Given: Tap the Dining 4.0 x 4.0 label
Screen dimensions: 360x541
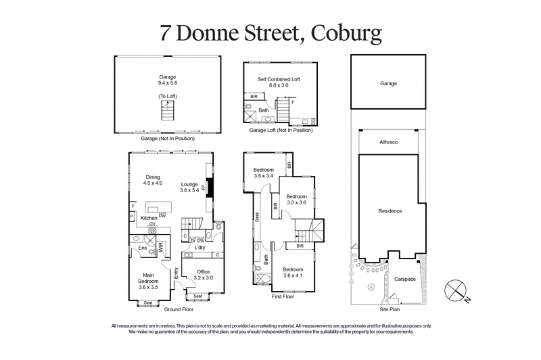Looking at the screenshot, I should [153, 180].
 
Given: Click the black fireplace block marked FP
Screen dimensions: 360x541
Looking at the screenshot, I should [209, 187].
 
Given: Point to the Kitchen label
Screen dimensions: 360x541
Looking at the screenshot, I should [148, 218].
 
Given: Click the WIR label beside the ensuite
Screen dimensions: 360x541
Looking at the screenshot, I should [160, 248].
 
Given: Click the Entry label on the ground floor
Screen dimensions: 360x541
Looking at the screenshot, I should [176, 273].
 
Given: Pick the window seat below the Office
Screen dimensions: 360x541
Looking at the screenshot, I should [197, 296].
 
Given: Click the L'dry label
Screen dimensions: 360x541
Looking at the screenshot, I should [199, 248].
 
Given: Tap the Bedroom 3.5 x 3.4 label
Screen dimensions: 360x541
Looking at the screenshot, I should [264, 173].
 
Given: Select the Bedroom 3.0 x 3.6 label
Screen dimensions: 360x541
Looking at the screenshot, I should [296, 198].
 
